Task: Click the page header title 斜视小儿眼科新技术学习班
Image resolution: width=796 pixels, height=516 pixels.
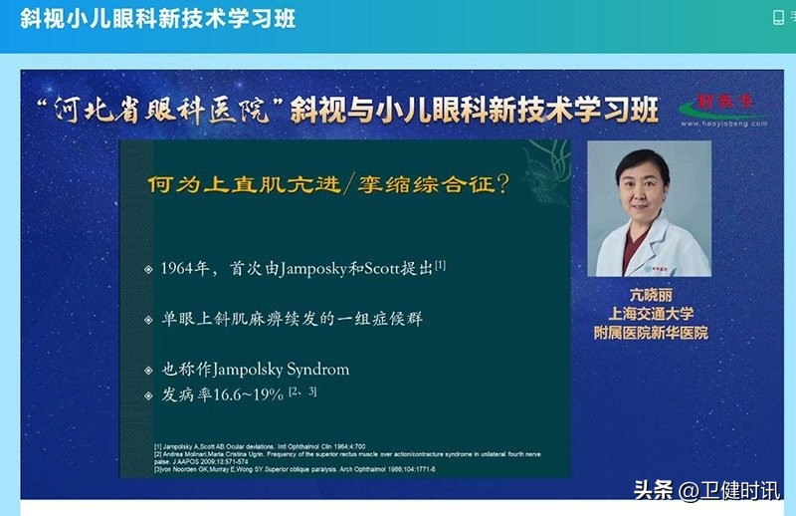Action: [x=158, y=19]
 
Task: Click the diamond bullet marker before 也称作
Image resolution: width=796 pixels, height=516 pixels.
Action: [x=149, y=370]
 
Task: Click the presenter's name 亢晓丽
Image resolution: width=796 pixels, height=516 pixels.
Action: [x=649, y=295]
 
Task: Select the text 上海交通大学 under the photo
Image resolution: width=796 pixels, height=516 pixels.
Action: [x=649, y=314]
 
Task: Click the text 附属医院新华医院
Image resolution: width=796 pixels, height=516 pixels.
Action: [x=649, y=333]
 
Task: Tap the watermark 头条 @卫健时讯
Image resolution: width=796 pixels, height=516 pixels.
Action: [x=707, y=490]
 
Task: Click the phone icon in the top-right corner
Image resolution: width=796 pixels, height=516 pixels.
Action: [x=778, y=17]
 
